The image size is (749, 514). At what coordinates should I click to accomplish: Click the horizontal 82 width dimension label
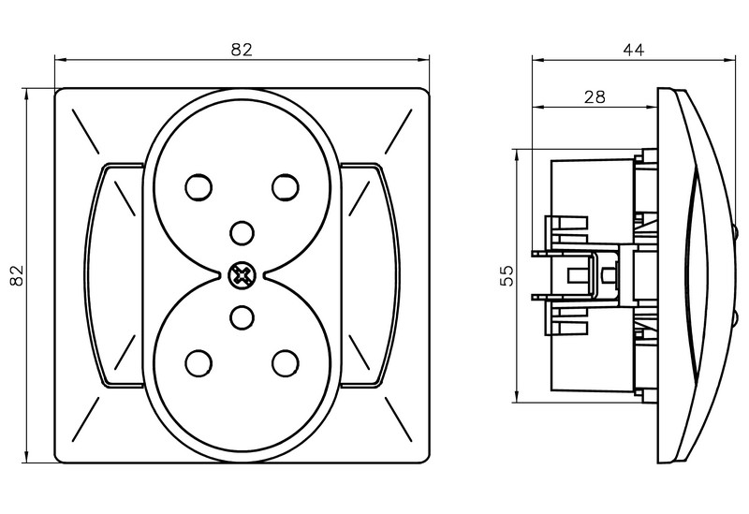point(242,51)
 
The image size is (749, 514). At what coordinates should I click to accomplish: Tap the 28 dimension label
point(594,96)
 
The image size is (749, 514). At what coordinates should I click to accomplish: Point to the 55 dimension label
point(506,275)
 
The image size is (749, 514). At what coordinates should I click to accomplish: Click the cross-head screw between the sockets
point(242,274)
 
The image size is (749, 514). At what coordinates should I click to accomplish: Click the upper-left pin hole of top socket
point(198,188)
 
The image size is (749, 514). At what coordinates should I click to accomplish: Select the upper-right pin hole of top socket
point(285,188)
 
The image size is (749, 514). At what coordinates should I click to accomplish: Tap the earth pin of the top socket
point(242,230)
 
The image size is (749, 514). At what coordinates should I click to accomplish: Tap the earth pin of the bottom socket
point(242,318)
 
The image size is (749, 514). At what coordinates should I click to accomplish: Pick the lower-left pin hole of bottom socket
point(198,360)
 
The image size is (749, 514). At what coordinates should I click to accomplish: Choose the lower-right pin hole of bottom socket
point(285,360)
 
